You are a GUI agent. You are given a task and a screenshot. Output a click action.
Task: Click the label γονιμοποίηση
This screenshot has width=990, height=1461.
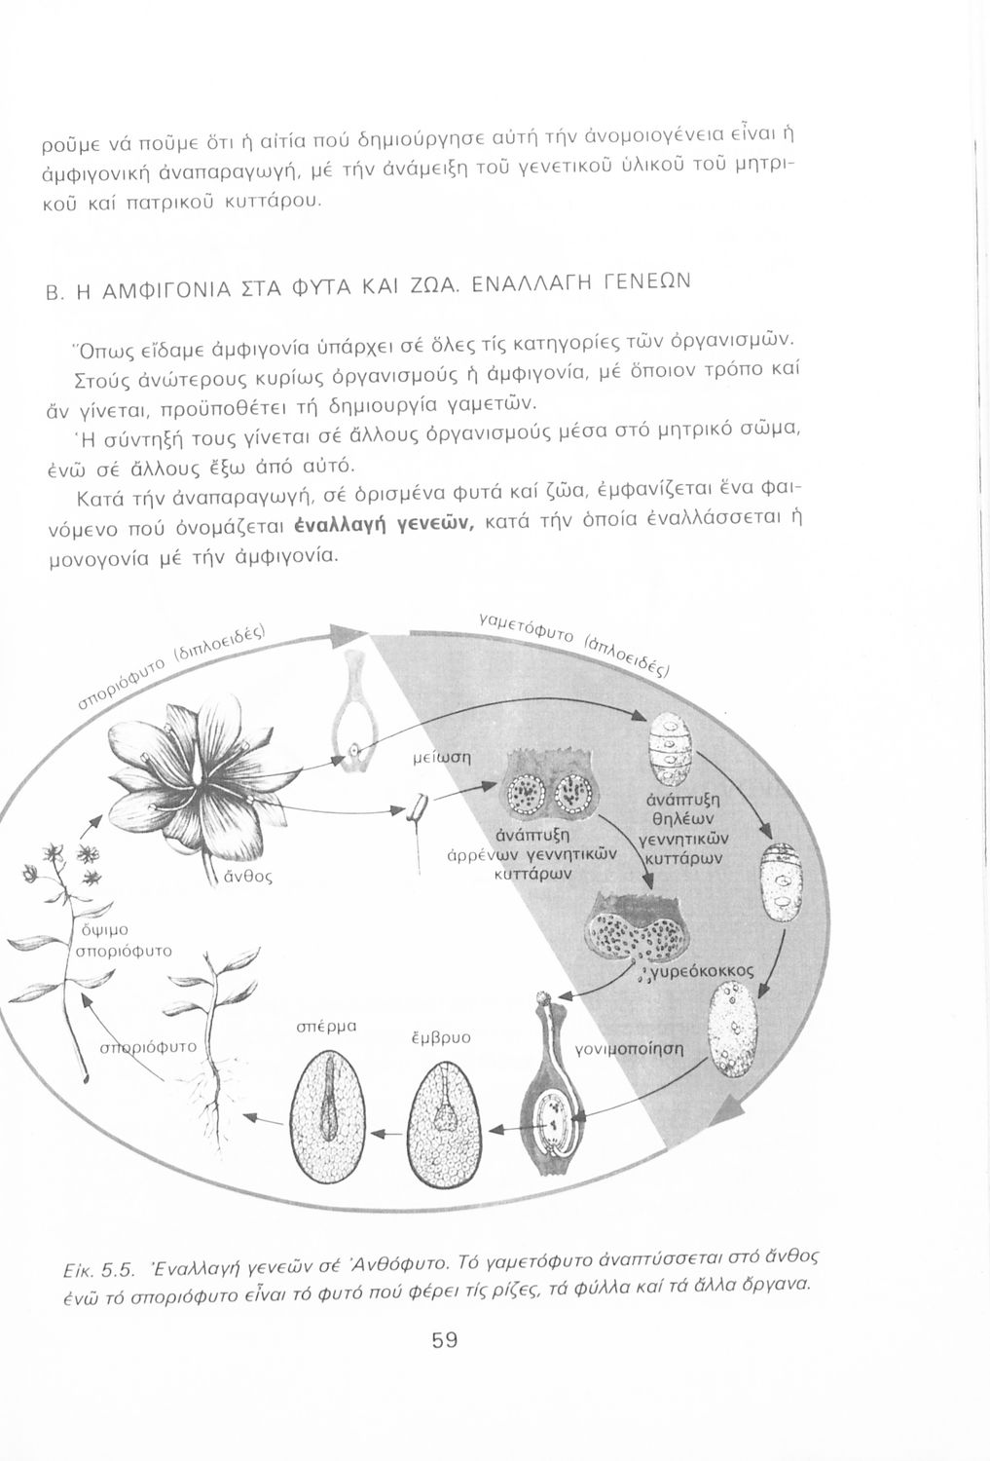point(630,1050)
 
